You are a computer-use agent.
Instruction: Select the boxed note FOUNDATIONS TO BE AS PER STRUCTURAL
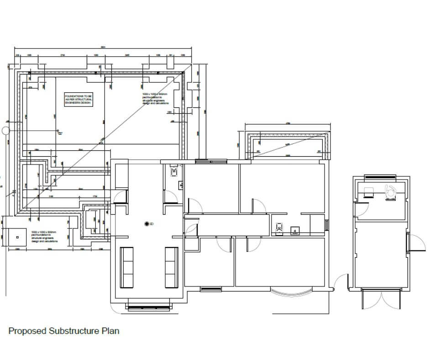[78, 100]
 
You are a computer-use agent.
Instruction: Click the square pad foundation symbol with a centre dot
[17, 237]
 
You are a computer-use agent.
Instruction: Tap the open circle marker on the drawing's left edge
[5, 131]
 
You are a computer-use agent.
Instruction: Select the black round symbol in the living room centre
[147, 223]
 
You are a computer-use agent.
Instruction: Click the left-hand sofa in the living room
[126, 267]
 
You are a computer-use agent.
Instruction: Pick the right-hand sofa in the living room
[171, 267]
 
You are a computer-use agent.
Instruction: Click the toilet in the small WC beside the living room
[174, 172]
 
